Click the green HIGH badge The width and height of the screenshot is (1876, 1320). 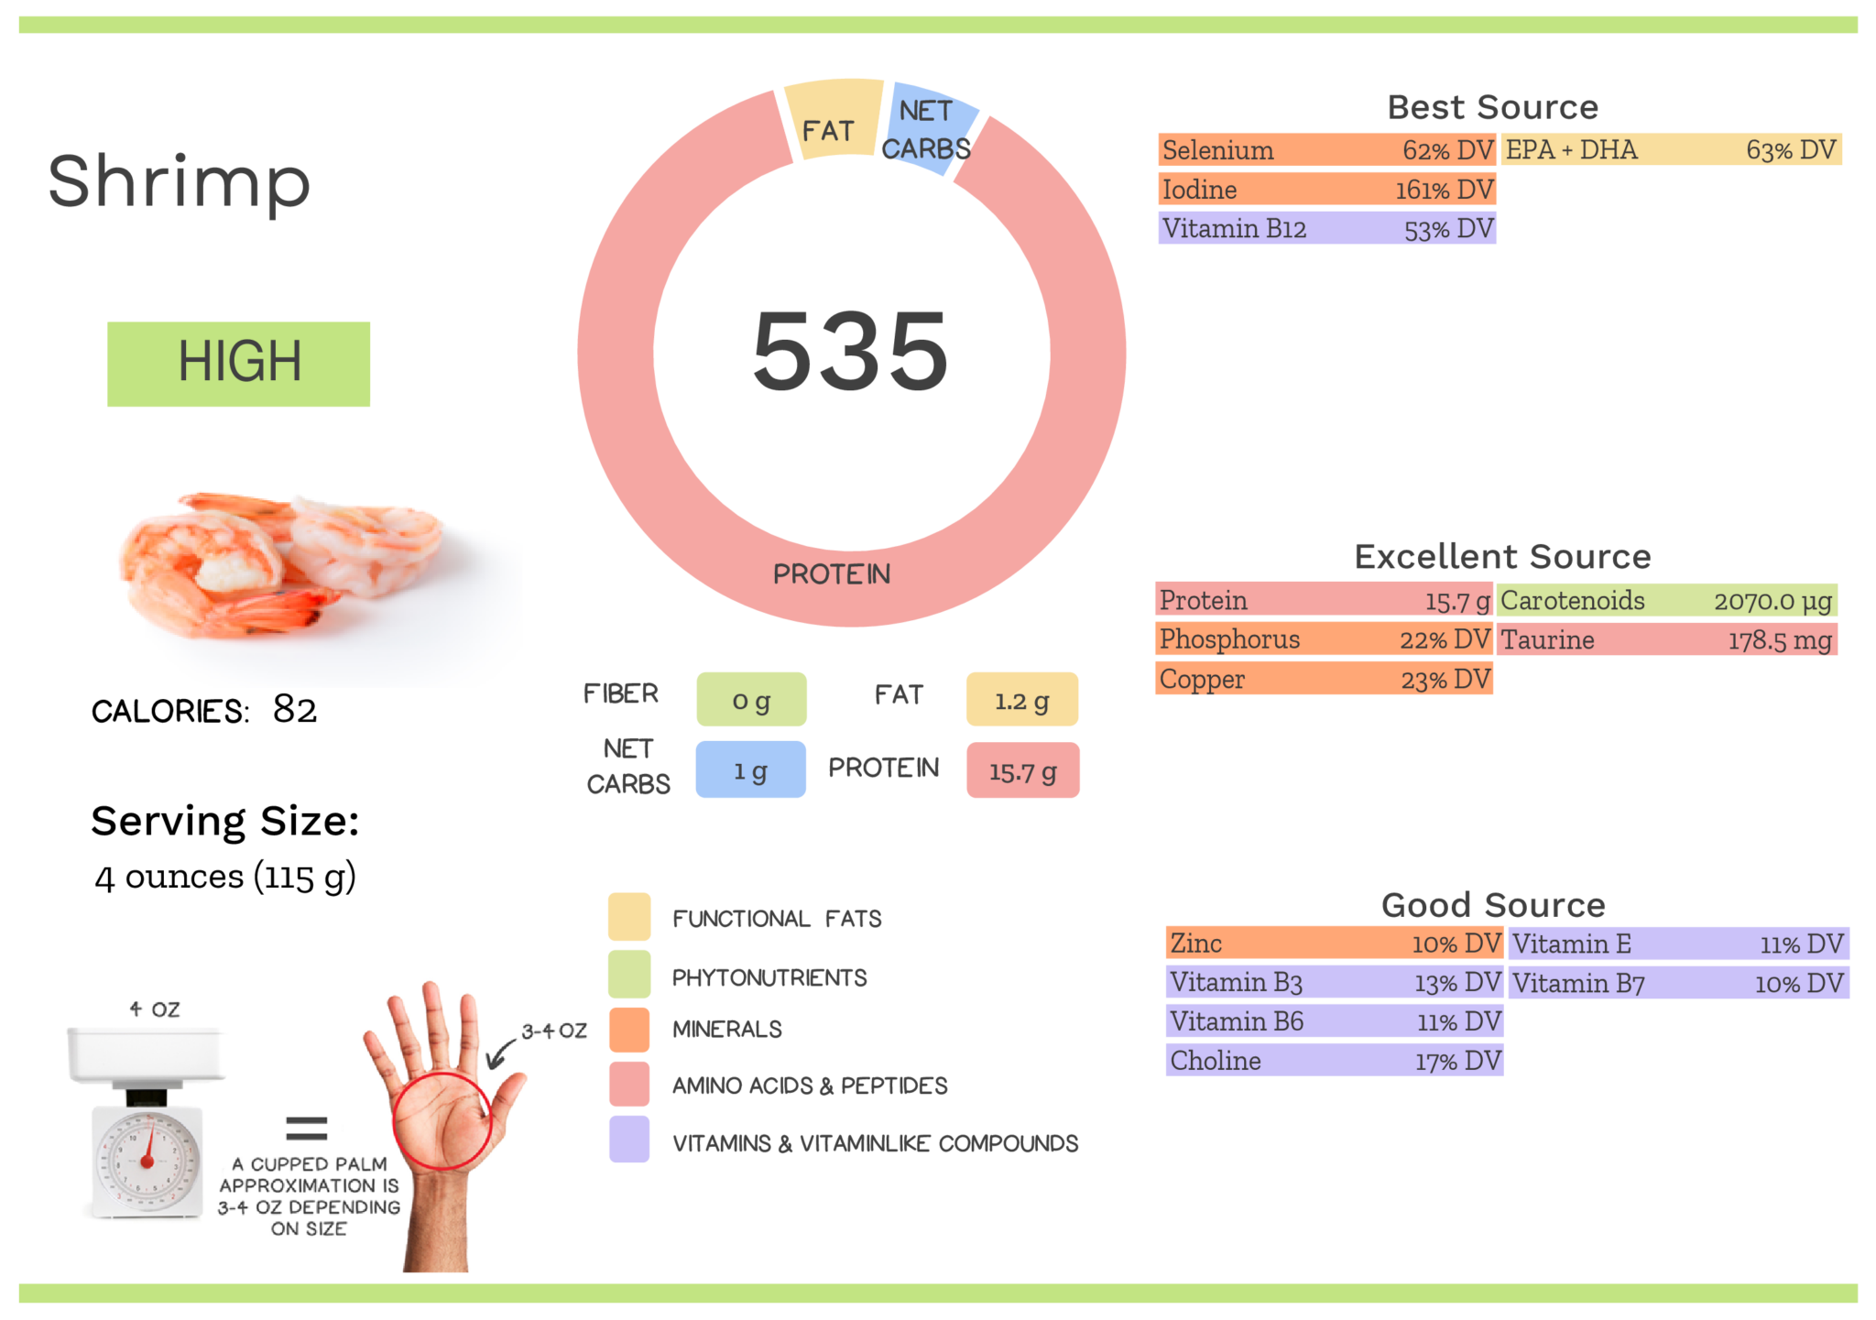pyautogui.click(x=238, y=363)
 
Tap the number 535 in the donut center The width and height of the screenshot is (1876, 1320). pyautogui.click(x=849, y=351)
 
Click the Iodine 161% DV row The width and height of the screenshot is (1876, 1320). pyautogui.click(x=1325, y=190)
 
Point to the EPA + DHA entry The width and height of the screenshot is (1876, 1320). pyautogui.click(x=1671, y=150)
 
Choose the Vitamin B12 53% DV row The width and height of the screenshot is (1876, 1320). pyautogui.click(x=1325, y=228)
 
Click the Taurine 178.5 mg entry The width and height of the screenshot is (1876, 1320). pyautogui.click(x=1666, y=639)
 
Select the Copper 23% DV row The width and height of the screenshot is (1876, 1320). pyautogui.click(x=1324, y=679)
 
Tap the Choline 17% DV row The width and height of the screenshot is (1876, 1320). pyautogui.click(x=1334, y=1061)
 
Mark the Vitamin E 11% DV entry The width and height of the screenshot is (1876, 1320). pyautogui.click(x=1677, y=944)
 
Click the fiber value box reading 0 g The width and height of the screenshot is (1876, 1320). pyautogui.click(x=751, y=701)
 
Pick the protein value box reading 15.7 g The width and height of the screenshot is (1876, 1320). pyautogui.click(x=1022, y=771)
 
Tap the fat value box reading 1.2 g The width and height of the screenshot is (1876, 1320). pyautogui.click(x=1021, y=701)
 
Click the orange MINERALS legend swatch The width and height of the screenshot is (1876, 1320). pyautogui.click(x=629, y=1030)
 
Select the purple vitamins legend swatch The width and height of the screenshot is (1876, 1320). pyautogui.click(x=629, y=1140)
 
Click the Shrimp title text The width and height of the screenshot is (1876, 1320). pyautogui.click(x=180, y=182)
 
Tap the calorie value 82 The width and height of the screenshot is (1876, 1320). pyautogui.click(x=295, y=709)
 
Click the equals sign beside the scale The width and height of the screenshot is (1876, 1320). pyautogui.click(x=306, y=1129)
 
